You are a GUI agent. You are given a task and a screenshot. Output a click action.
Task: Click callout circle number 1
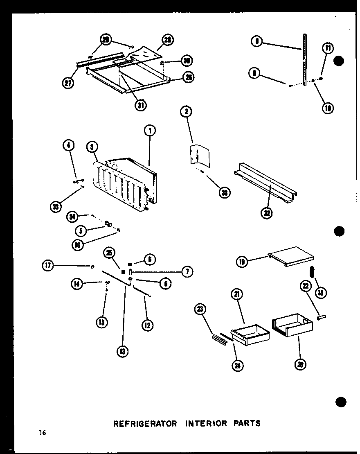pos(150,131)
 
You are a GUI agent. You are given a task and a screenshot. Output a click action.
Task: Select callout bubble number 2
pos(186,112)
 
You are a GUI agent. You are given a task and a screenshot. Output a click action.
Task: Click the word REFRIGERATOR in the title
pos(145,423)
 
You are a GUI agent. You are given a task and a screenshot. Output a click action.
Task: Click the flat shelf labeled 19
pos(291,256)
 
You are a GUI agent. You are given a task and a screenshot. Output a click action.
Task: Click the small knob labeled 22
pos(321,316)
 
